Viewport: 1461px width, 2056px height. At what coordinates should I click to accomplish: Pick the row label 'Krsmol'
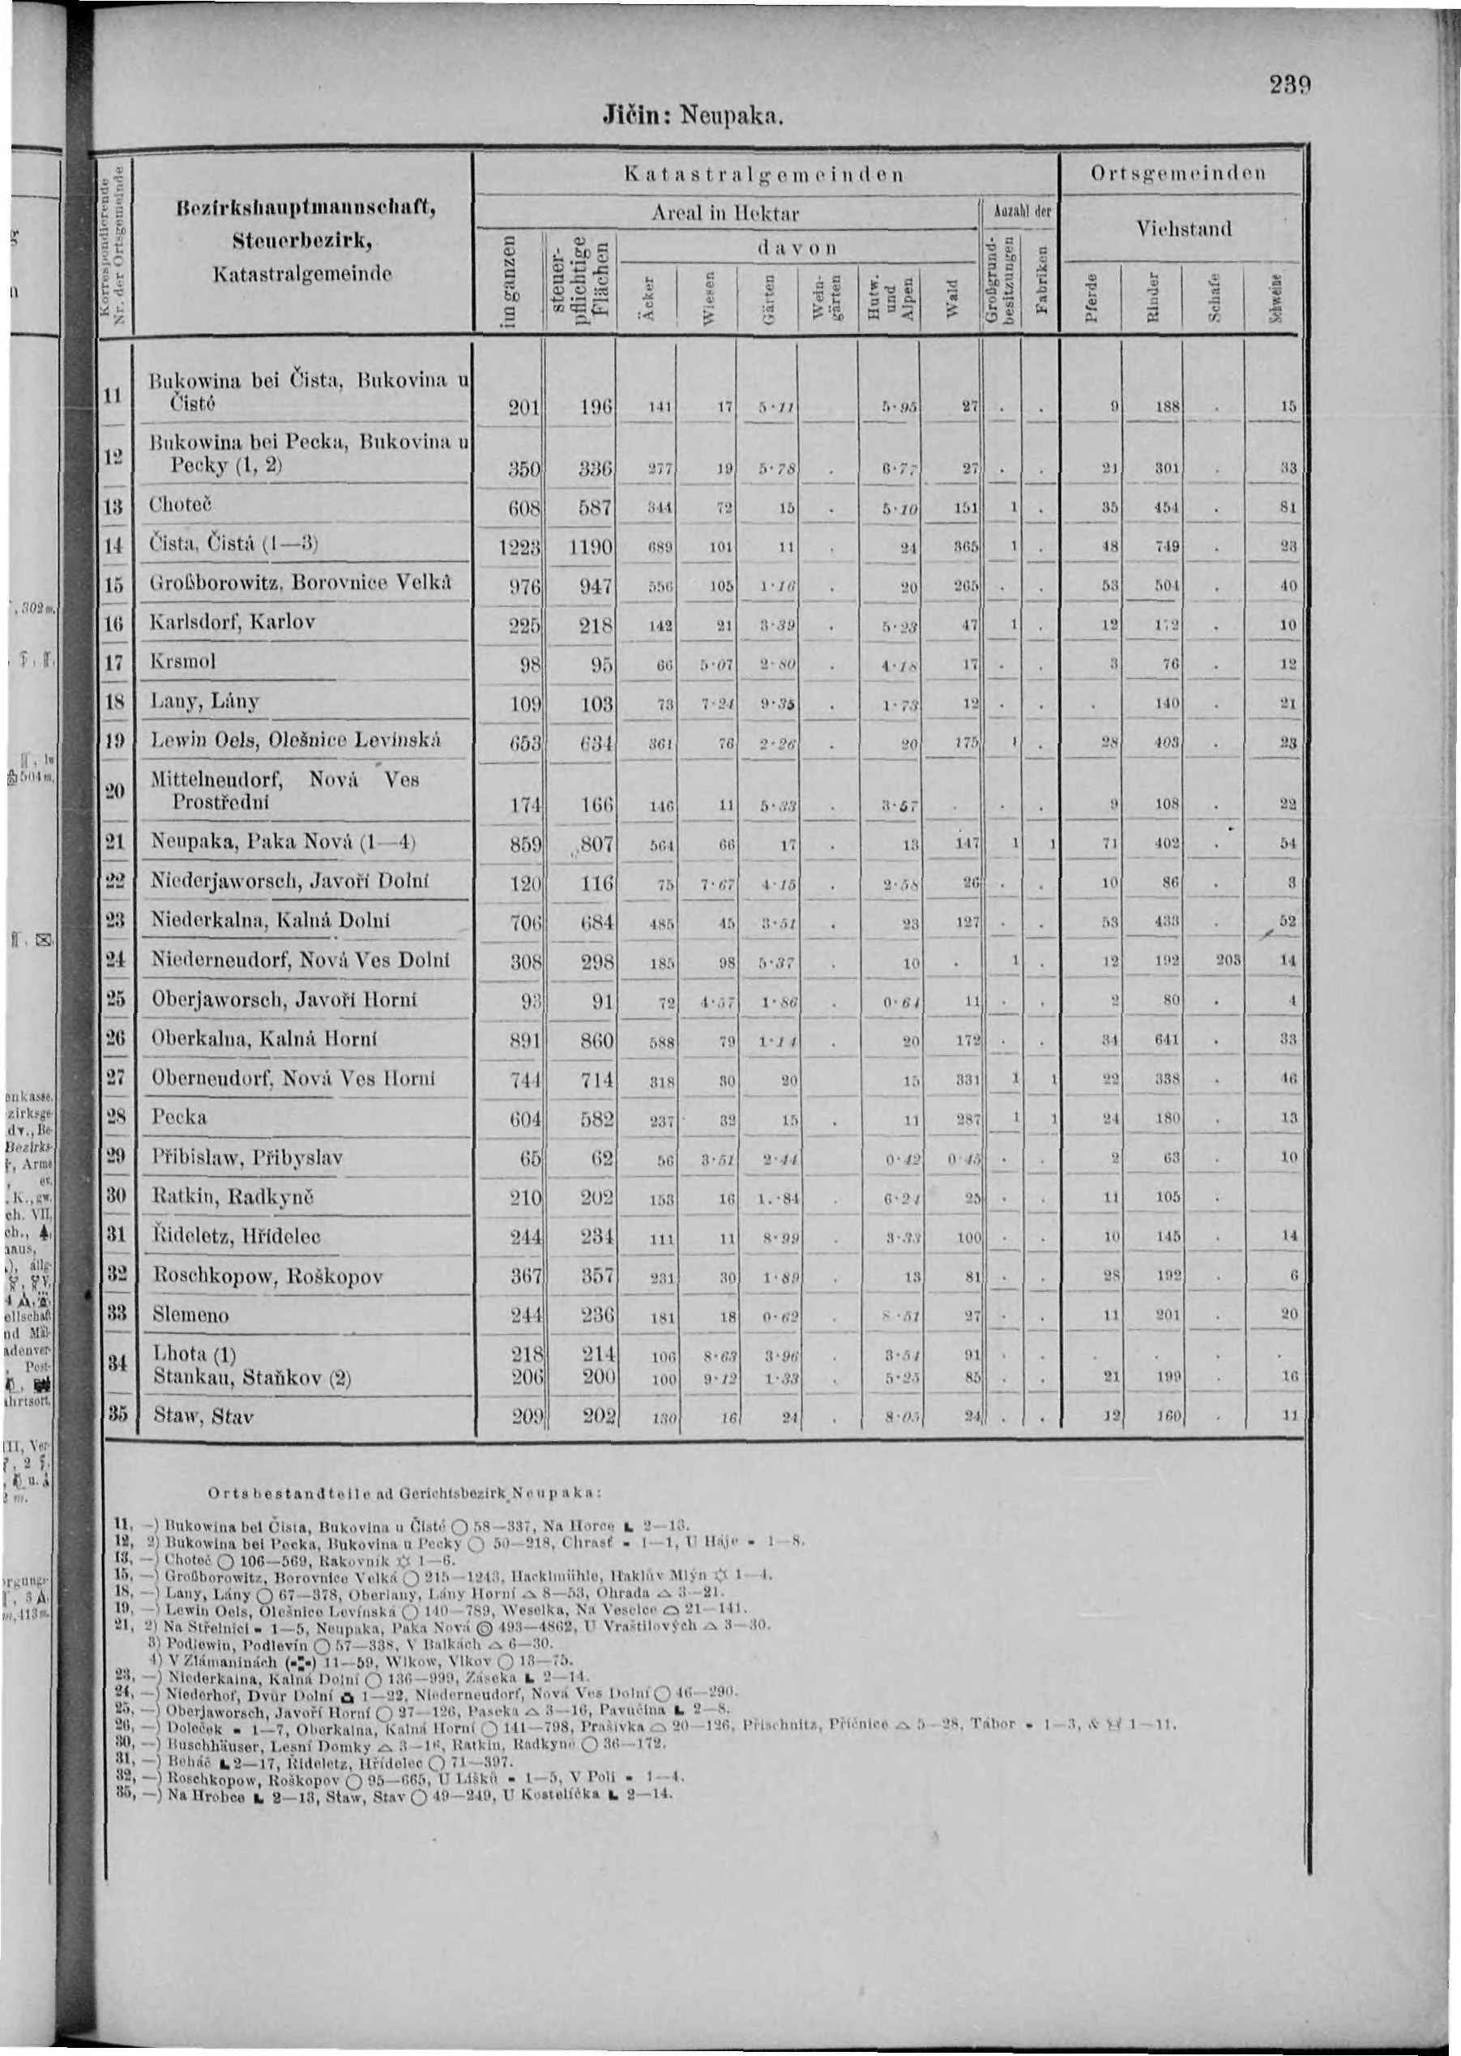(x=182, y=661)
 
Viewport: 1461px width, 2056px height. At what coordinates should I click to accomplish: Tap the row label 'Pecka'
(x=179, y=1117)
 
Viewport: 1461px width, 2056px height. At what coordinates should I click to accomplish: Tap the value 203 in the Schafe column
(x=1228, y=960)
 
